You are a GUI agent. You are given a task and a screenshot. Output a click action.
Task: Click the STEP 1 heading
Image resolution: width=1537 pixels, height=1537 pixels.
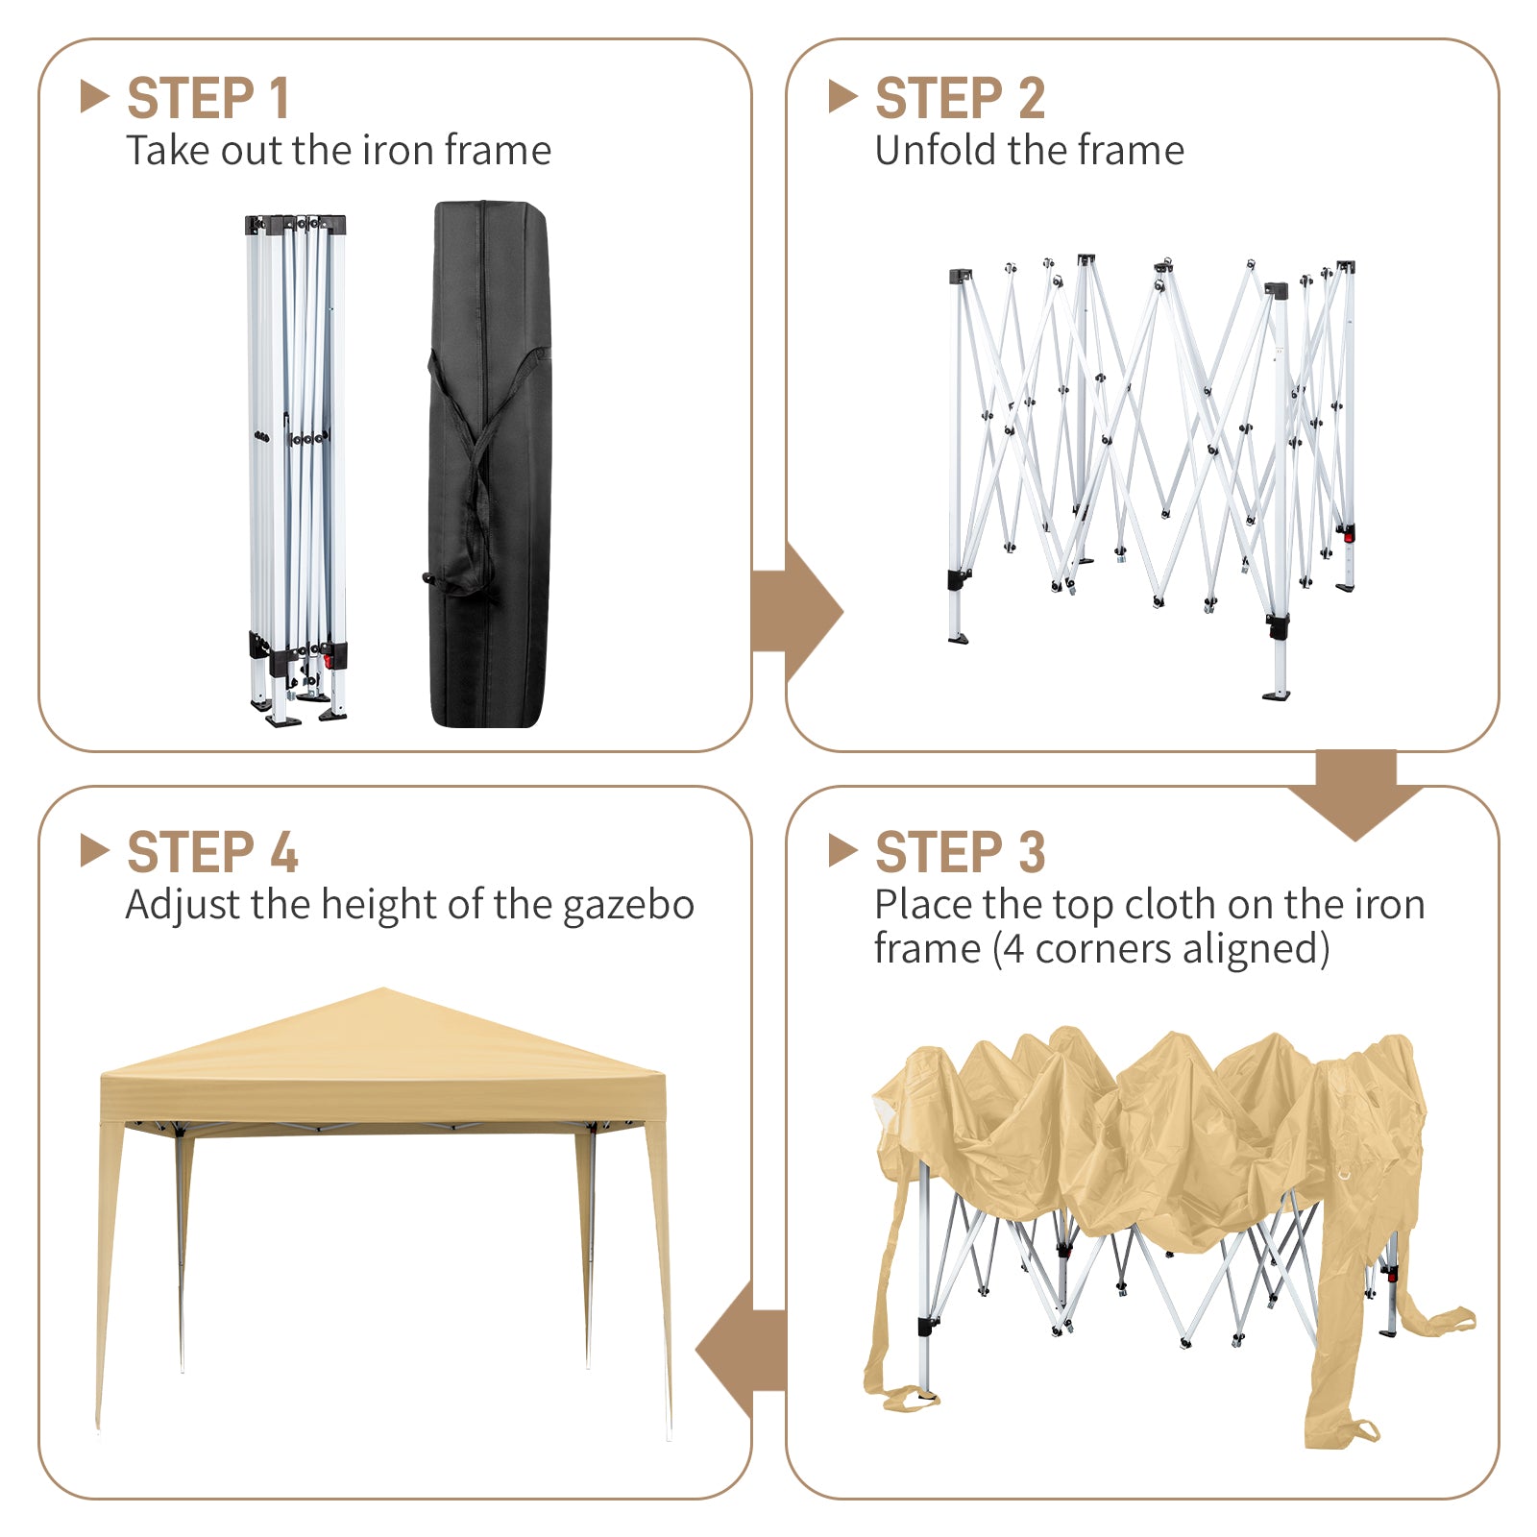coord(207,98)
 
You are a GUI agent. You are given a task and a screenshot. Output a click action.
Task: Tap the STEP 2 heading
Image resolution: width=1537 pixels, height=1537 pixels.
coord(960,98)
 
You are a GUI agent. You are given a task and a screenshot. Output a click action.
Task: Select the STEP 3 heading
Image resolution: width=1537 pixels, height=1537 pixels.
coord(960,852)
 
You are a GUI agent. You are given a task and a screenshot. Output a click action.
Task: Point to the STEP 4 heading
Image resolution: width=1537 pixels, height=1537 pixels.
coord(212,852)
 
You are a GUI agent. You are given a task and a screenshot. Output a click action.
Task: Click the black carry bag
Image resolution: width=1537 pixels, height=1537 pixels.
coord(490,464)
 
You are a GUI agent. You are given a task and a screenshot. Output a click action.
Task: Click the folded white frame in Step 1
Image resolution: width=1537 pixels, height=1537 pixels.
coord(297,470)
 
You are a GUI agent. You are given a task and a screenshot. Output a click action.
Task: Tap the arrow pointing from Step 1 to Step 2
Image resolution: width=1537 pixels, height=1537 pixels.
coord(797,611)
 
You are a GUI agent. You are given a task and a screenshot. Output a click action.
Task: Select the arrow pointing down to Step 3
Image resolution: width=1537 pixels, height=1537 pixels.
coord(1355,794)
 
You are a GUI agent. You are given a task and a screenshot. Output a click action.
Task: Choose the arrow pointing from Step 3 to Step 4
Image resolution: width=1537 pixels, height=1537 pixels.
coord(741,1350)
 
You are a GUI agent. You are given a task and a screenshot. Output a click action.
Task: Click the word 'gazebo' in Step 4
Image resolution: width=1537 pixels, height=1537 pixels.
coord(628,906)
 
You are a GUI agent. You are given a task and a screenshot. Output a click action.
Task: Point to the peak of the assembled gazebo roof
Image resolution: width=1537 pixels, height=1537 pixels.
coord(382,988)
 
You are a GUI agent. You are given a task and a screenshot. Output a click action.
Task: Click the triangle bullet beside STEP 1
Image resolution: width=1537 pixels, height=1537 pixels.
coord(94,96)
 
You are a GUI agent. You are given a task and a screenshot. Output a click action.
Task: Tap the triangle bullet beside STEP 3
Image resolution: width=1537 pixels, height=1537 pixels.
coord(842,850)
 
